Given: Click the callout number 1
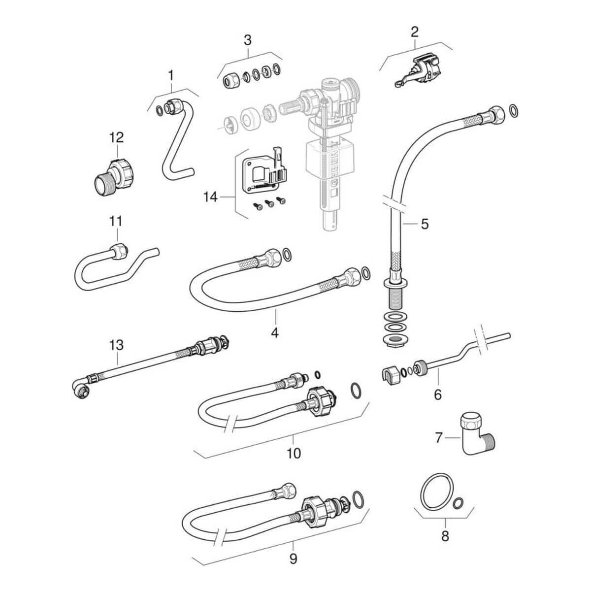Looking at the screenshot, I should point(170,75).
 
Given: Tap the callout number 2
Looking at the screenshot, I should point(414,33).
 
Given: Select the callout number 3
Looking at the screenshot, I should point(248,40).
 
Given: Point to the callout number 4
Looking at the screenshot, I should point(274,332).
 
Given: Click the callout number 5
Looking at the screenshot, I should point(424,225).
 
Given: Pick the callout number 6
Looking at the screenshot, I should point(438,394).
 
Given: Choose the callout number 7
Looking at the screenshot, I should point(439,436).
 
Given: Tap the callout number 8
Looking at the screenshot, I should point(445,535).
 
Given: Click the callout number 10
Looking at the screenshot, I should point(294,453).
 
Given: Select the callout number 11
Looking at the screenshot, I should point(116,221).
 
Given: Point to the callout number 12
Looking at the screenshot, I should point(117,137).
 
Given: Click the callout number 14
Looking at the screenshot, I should point(210,197).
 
